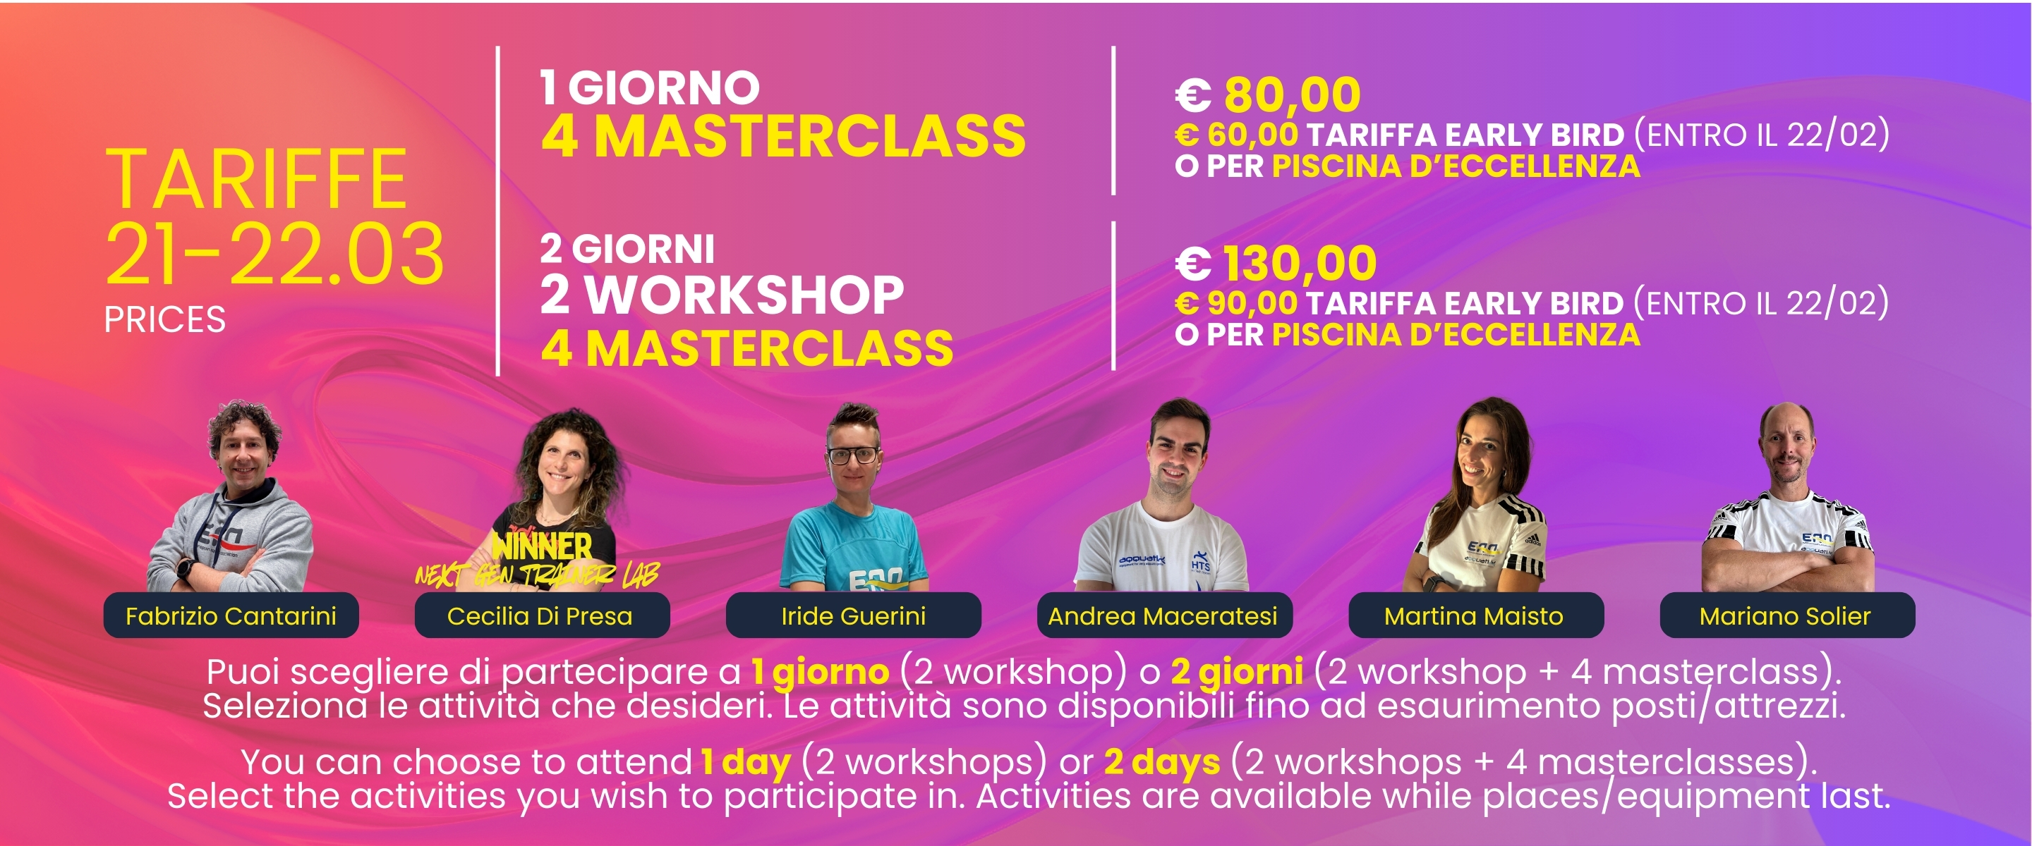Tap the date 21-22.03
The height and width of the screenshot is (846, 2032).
275,253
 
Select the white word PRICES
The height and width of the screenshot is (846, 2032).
165,320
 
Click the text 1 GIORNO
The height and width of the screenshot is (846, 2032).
650,87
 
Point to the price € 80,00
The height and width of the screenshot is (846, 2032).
1268,94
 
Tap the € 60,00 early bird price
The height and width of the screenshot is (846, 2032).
1236,135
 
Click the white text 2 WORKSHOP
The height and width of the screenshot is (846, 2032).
722,295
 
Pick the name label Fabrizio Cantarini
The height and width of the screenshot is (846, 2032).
231,615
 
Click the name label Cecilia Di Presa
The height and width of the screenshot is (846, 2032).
541,615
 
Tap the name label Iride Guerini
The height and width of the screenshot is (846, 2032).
854,615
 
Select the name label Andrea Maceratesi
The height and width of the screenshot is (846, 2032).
1163,615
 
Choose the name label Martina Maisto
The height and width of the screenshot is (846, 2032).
1475,615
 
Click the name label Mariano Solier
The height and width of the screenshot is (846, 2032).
1786,615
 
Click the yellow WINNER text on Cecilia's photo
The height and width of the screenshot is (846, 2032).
542,546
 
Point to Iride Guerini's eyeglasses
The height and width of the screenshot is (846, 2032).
853,455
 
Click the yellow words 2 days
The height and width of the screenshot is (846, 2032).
1162,762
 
